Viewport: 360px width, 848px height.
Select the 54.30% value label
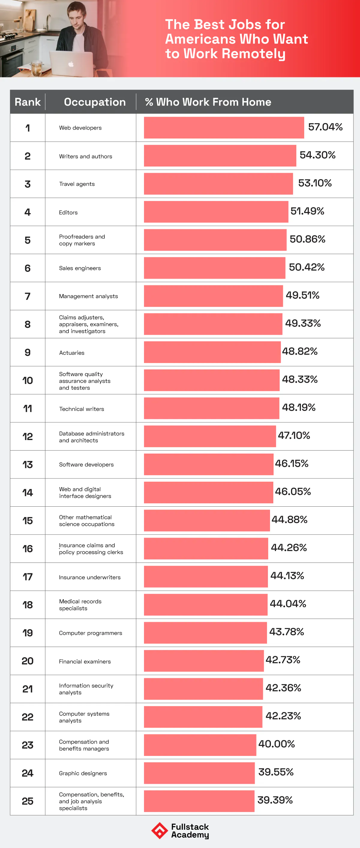[317, 155]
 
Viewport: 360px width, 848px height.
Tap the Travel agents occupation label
[77, 184]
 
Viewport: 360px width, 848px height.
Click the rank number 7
[28, 296]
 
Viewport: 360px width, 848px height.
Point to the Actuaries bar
[212, 352]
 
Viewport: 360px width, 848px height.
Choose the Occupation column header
[94, 102]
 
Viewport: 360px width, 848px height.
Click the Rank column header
[28, 102]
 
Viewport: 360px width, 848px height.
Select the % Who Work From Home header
[208, 102]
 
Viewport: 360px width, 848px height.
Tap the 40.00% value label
[276, 744]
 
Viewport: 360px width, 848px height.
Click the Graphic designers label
[83, 773]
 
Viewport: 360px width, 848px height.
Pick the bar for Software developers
[208, 464]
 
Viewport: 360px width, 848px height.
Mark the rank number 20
[28, 661]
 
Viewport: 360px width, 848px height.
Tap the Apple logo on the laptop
[71, 64]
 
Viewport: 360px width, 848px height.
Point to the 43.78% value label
[286, 632]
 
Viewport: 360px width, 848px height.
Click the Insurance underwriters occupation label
[90, 577]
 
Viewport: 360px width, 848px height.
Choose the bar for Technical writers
[211, 408]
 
